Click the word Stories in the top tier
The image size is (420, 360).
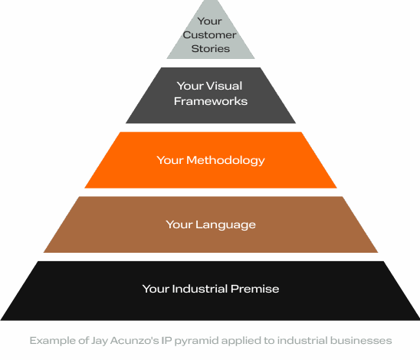click(x=211, y=48)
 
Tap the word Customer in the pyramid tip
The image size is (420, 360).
click(x=211, y=35)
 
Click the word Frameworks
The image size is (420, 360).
click(x=211, y=100)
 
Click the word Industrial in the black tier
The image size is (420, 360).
click(x=202, y=289)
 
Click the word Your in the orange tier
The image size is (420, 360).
click(x=169, y=160)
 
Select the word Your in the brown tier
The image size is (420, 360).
click(x=178, y=224)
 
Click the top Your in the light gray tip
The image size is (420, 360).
click(x=211, y=22)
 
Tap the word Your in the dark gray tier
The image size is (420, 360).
click(x=189, y=87)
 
